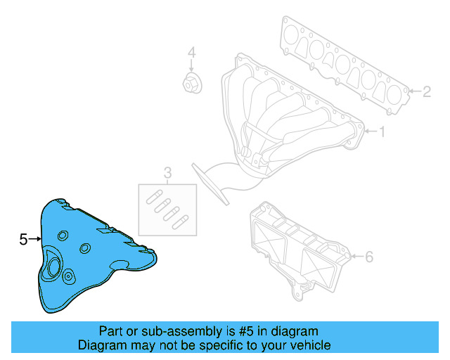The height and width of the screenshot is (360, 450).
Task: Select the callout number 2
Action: click(427, 91)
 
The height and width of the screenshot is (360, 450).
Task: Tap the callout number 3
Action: click(167, 172)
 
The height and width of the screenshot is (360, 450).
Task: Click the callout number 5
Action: click(23, 240)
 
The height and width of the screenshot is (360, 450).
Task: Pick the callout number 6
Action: click(369, 257)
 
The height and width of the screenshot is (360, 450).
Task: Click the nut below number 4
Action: click(190, 83)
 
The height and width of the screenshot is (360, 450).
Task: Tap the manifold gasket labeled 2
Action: click(345, 67)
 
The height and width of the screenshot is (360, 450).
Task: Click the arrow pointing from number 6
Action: click(356, 257)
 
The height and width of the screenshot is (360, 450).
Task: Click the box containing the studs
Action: click(167, 209)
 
